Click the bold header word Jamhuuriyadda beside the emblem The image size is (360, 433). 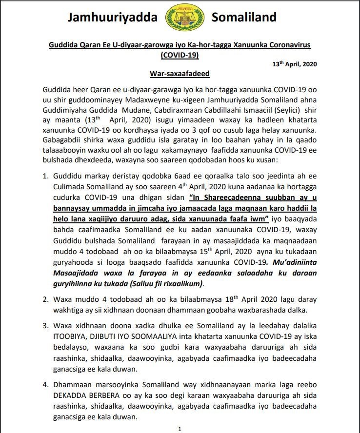click(113, 18)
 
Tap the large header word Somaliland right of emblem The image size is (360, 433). click(244, 18)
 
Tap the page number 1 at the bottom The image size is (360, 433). click(180, 429)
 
